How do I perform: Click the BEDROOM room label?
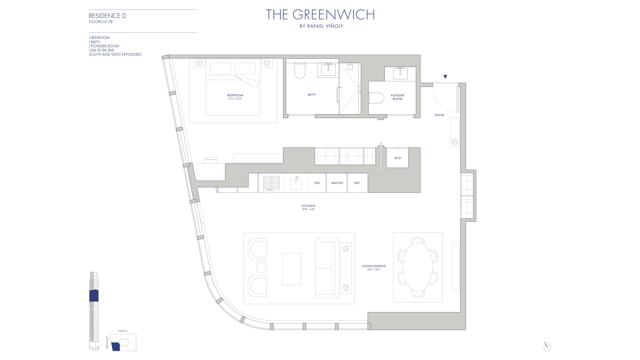pos(235,95)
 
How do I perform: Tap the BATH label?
pos(311,95)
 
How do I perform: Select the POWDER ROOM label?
pos(397,97)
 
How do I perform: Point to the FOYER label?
pos(439,115)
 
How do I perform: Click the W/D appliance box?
pos(397,158)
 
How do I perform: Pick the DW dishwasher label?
pos(317,183)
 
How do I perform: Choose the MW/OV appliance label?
pos(337,183)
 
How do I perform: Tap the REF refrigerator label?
pos(357,183)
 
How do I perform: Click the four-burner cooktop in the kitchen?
pos(271,183)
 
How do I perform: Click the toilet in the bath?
pos(300,71)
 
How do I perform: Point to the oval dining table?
pos(418,267)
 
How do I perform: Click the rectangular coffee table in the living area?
pos(291,269)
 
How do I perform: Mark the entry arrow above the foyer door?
pos(445,77)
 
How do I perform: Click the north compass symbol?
pos(547,347)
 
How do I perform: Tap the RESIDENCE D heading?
pos(107,16)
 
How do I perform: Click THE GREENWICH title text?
pos(320,15)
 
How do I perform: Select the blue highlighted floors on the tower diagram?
pos(94,296)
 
